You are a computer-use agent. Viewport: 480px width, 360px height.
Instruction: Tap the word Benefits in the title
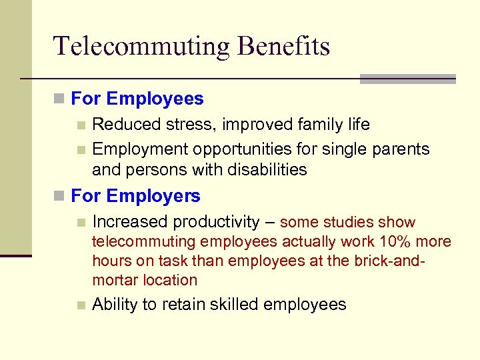click(285, 47)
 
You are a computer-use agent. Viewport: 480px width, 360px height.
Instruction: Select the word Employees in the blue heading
click(155, 99)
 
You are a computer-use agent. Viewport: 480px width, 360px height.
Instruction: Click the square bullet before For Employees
click(60, 100)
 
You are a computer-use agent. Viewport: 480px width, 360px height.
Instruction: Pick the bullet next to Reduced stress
click(81, 125)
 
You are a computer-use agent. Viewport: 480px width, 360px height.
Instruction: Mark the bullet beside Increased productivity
click(81, 222)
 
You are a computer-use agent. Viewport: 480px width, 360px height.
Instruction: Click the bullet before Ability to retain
click(81, 305)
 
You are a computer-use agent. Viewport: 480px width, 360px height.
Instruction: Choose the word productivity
click(217, 222)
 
